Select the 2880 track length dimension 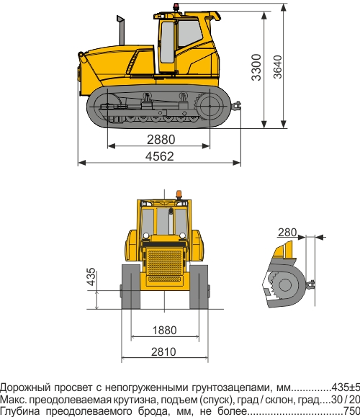pos(160,139)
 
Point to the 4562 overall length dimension pos(160,156)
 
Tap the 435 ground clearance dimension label pos(91,278)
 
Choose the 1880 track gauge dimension pos(164,330)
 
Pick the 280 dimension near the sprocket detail pos(287,232)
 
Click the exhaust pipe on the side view pos(121,32)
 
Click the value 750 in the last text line pos(351,411)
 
